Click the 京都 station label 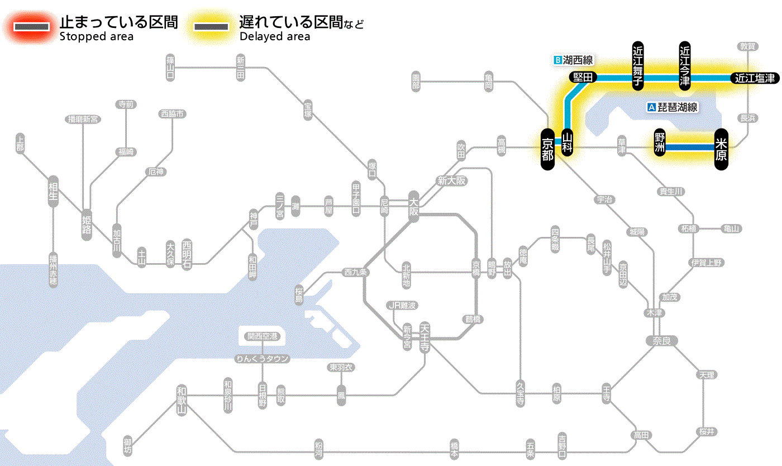coord(548,149)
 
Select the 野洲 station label coord(660,142)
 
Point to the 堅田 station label coord(583,78)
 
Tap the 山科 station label coord(568,142)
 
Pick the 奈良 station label coord(661,340)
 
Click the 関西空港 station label coord(263,336)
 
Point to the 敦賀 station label coord(748,46)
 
